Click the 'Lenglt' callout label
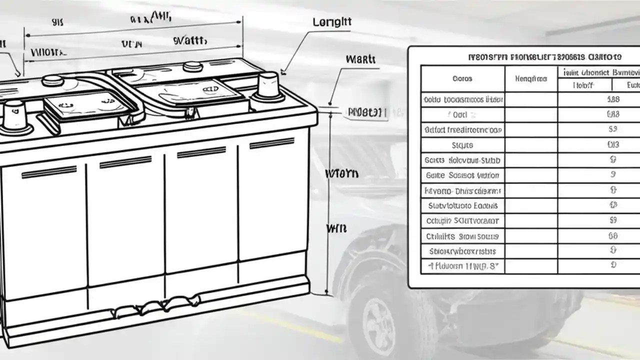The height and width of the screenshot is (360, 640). (332, 22)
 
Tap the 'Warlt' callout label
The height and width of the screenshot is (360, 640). (360, 59)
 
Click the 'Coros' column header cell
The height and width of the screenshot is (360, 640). (462, 79)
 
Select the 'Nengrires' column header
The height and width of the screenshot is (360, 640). (530, 79)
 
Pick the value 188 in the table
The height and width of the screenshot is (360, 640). (612, 99)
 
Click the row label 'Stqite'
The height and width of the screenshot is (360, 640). (462, 145)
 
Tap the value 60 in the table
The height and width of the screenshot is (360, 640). (612, 236)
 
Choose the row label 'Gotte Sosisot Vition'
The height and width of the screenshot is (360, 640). (462, 175)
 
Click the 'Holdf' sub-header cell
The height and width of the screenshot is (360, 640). (583, 85)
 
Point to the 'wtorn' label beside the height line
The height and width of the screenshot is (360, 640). (342, 174)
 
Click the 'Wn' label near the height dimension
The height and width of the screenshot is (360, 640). (336, 228)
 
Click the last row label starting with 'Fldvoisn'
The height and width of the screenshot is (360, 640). (462, 266)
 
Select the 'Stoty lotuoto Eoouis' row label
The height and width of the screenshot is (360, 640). (462, 205)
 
